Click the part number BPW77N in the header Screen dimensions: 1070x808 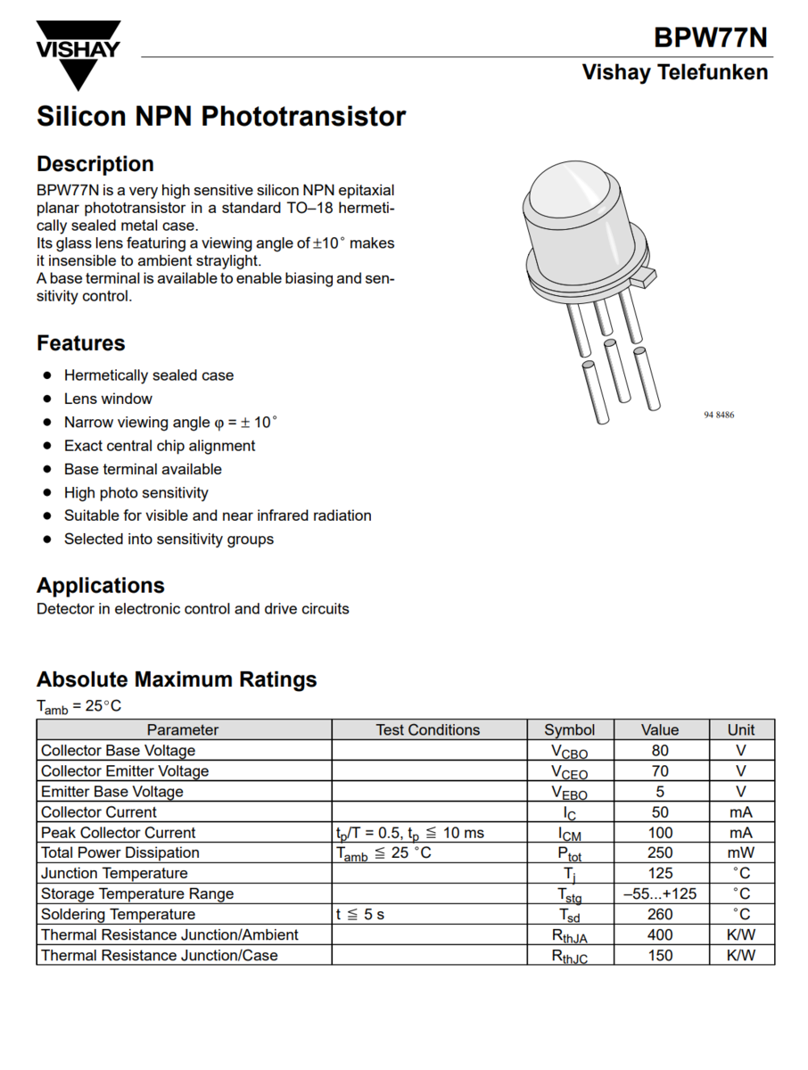pos(710,37)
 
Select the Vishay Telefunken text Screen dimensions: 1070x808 pos(674,72)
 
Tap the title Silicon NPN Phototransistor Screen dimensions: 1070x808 pos(221,117)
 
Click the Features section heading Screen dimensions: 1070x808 pos(80,343)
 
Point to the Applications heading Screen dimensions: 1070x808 pos(101,586)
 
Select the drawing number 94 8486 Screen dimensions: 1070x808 pos(718,416)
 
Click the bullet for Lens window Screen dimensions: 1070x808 pos(47,399)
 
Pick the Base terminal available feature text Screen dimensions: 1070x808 pos(143,469)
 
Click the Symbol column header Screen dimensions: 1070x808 pos(570,729)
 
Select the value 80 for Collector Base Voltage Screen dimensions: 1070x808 pos(660,751)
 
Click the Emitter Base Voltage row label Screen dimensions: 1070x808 pos(112,792)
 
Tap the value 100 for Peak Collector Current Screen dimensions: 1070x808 pos(660,833)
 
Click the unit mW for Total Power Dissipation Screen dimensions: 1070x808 pos(740,853)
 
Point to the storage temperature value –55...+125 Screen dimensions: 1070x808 pos(660,894)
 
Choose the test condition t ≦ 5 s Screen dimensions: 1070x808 pos(360,915)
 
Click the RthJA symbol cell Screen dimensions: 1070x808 pos(570,936)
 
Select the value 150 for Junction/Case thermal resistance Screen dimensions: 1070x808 pos(660,956)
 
